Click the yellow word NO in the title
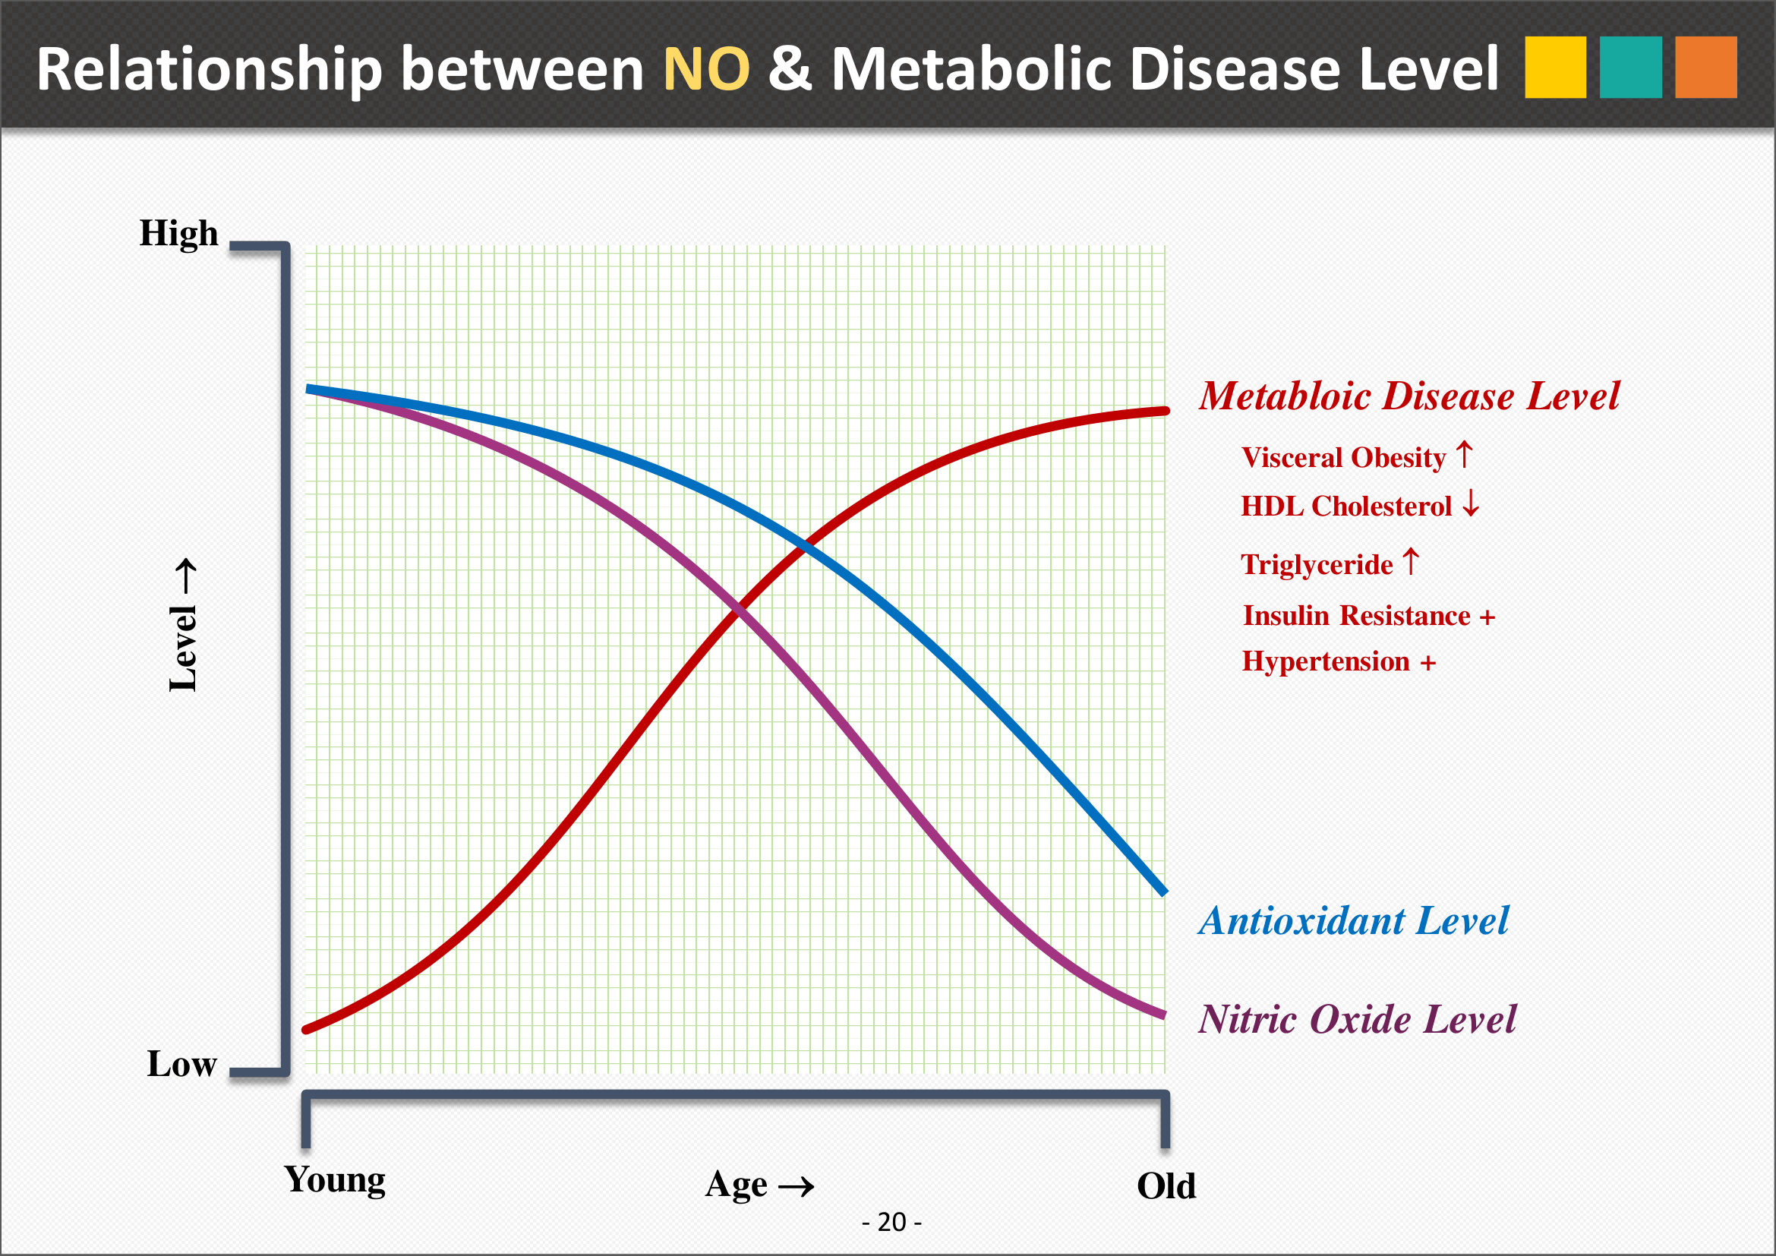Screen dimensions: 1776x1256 (706, 69)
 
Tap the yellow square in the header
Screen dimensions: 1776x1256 (1555, 68)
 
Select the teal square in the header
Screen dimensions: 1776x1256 (1630, 68)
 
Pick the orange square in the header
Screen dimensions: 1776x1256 (1705, 68)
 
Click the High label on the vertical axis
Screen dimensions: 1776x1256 (178, 234)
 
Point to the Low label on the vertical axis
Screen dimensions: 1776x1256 (181, 1064)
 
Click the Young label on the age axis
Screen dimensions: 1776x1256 (335, 1180)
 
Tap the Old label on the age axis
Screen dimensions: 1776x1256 (1166, 1185)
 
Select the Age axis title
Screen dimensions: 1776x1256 (759, 1185)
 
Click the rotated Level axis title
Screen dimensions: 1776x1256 (184, 625)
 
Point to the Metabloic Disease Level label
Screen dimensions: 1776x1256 (1408, 396)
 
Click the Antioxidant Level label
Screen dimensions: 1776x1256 (1354, 921)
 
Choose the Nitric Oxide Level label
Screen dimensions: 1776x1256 (1358, 1019)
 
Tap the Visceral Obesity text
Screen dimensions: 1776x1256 (1344, 458)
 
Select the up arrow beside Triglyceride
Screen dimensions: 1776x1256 (1411, 561)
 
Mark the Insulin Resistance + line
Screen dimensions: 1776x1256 (1368, 616)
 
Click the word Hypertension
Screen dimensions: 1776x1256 (1326, 662)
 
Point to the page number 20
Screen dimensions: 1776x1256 (892, 1223)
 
